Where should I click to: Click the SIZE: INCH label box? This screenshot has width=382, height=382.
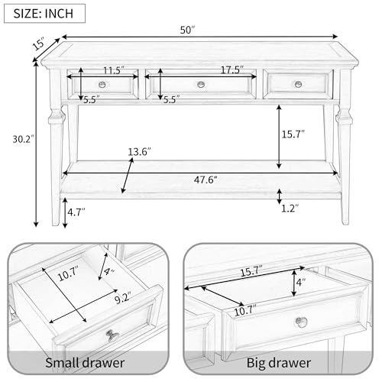pos(44,13)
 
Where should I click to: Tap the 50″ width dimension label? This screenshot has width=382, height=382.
pos(187,30)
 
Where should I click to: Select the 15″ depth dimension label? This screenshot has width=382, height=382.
pos(39,44)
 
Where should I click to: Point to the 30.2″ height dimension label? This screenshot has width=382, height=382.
pos(24,139)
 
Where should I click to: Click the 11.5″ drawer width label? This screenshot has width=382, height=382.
pos(114,70)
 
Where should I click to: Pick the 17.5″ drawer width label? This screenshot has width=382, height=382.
pos(232,70)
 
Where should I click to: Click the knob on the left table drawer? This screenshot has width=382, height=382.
pos(102,84)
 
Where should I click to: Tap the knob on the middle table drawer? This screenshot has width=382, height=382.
pos(201,84)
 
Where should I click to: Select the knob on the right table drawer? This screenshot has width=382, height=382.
pos(298,84)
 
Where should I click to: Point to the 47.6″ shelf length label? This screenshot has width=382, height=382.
pos(206,180)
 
